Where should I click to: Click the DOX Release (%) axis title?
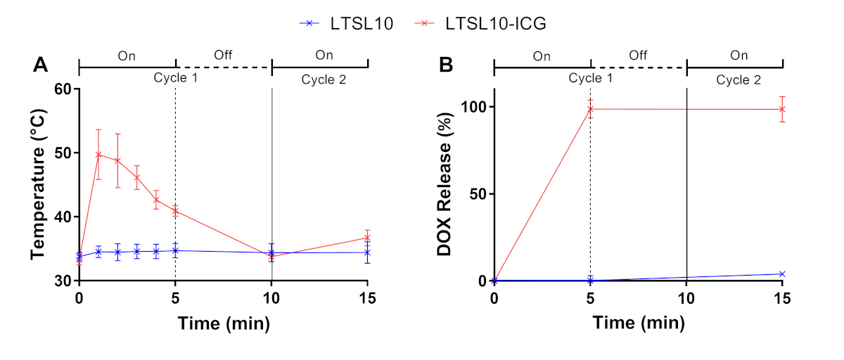[x=445, y=184]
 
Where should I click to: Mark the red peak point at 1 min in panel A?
[x=98, y=155]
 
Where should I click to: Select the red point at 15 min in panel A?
[x=367, y=238]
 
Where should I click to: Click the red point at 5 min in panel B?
[x=590, y=109]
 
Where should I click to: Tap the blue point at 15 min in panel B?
[x=783, y=274]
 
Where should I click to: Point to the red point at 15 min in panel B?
[x=783, y=109]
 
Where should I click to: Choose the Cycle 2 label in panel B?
[x=738, y=79]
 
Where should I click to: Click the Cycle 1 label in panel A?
[x=175, y=78]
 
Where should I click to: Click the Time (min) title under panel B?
[x=637, y=323]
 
